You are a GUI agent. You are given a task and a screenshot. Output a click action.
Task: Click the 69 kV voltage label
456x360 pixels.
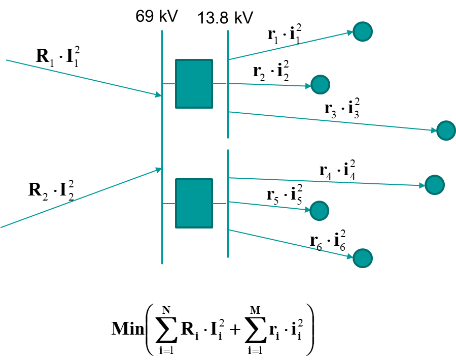tap(156, 16)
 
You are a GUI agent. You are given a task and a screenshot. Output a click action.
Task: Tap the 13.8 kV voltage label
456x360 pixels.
tap(225, 18)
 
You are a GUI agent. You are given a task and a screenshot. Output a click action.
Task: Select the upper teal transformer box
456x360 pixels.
tap(194, 84)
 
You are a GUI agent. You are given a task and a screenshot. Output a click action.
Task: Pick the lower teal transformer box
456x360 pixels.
tap(194, 203)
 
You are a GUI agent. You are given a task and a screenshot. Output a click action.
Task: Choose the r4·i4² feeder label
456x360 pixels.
tap(337, 170)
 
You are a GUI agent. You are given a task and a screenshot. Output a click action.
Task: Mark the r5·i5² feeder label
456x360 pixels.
tap(284, 195)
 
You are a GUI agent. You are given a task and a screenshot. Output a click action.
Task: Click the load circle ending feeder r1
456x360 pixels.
tap(363, 31)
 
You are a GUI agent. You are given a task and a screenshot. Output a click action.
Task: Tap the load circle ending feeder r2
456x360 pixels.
tap(320, 84)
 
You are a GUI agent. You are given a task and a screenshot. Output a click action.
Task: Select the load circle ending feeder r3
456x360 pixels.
tap(446, 130)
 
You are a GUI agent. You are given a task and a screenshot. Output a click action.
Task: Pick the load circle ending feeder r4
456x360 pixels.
tap(435, 185)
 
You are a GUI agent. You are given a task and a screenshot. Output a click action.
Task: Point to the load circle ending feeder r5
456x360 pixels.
tap(320, 210)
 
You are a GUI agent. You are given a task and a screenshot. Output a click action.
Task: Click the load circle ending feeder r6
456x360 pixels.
tap(363, 258)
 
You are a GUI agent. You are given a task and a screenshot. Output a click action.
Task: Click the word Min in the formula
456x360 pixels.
tap(127, 328)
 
